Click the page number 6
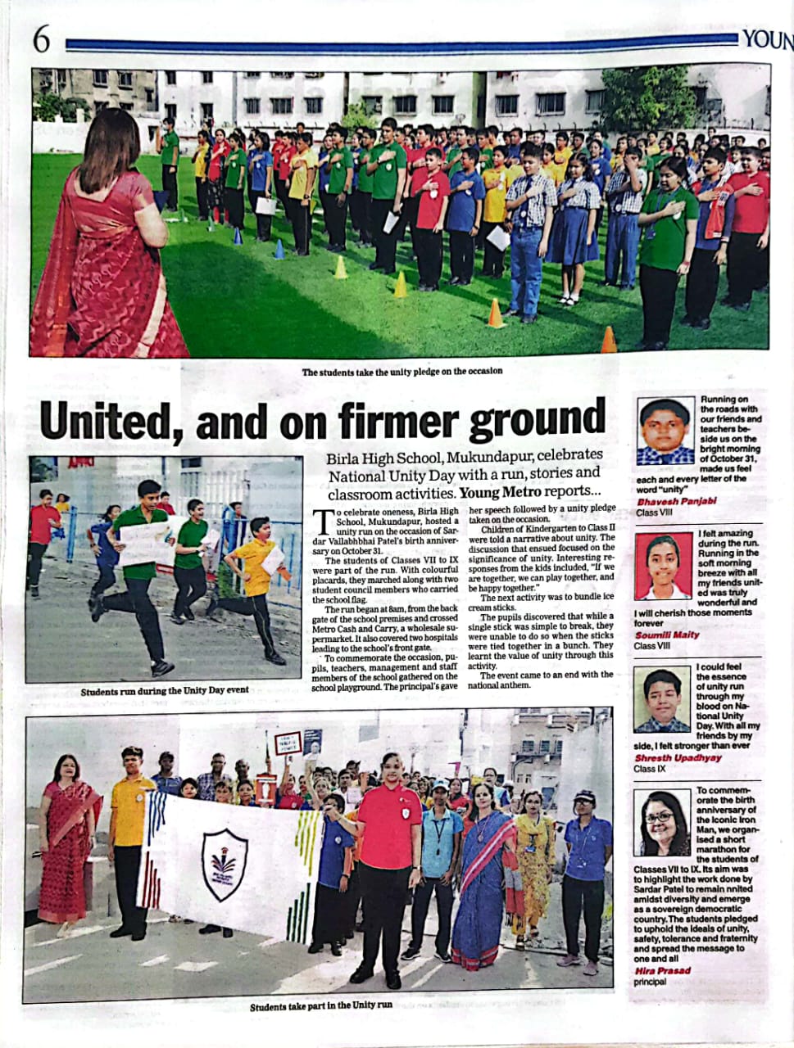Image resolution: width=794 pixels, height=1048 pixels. (41, 38)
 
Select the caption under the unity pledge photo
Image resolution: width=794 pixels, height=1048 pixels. (402, 372)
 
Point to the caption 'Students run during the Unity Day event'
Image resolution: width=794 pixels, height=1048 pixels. (165, 690)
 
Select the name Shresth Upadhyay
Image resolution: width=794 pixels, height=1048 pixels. (678, 758)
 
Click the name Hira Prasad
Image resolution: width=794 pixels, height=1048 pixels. (662, 971)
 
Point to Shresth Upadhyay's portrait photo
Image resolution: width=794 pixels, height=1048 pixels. (662, 700)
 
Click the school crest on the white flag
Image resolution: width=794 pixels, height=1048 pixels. (225, 865)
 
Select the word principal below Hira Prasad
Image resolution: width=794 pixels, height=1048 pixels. (650, 982)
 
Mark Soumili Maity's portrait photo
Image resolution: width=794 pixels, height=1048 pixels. (663, 567)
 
